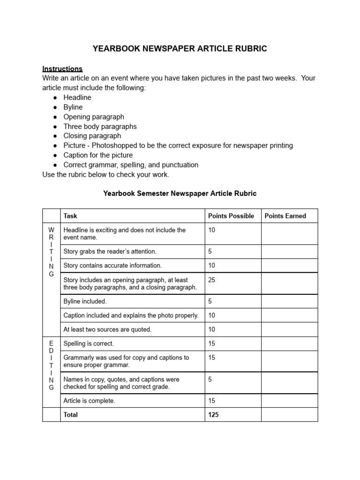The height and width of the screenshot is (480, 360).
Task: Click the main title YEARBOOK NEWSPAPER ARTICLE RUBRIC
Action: click(180, 49)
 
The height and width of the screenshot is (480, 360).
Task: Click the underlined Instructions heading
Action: click(62, 68)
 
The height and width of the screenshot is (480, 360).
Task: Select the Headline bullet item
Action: click(77, 97)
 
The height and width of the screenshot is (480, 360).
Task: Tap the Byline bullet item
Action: click(73, 107)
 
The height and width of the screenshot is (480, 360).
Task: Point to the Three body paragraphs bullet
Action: click(100, 127)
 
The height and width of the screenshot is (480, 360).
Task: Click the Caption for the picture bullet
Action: click(98, 155)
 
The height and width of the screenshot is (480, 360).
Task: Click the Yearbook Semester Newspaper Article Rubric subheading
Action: click(180, 193)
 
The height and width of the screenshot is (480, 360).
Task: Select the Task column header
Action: click(70, 216)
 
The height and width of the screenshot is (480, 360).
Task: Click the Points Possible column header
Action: click(231, 216)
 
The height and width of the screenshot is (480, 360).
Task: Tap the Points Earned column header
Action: click(285, 216)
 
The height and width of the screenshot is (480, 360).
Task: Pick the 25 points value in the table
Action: click(212, 280)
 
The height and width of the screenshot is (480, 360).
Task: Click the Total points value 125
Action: click(213, 415)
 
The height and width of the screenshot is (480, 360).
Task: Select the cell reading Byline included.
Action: click(85, 301)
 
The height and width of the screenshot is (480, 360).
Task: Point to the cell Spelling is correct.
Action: click(89, 344)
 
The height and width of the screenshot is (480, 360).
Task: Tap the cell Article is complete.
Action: click(89, 401)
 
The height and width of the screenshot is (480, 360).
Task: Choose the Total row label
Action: click(71, 415)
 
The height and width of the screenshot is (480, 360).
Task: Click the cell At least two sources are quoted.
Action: click(107, 330)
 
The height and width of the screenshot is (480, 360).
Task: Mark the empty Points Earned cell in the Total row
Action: click(289, 415)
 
